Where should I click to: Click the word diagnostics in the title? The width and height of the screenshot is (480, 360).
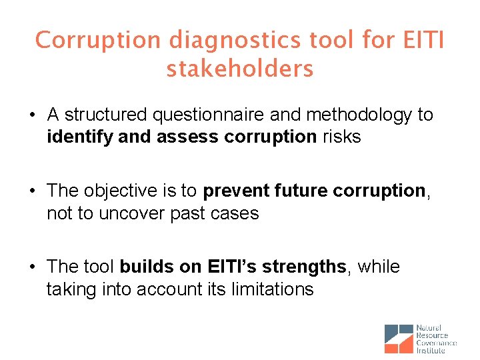point(236,40)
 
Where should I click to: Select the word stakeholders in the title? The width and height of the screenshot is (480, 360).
point(240,68)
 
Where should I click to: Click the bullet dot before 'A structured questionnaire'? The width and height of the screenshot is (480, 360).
point(31,116)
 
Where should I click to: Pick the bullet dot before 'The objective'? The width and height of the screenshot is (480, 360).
point(31,192)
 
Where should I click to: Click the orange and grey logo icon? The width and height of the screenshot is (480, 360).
point(399,339)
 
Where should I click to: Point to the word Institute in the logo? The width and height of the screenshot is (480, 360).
point(431,350)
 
